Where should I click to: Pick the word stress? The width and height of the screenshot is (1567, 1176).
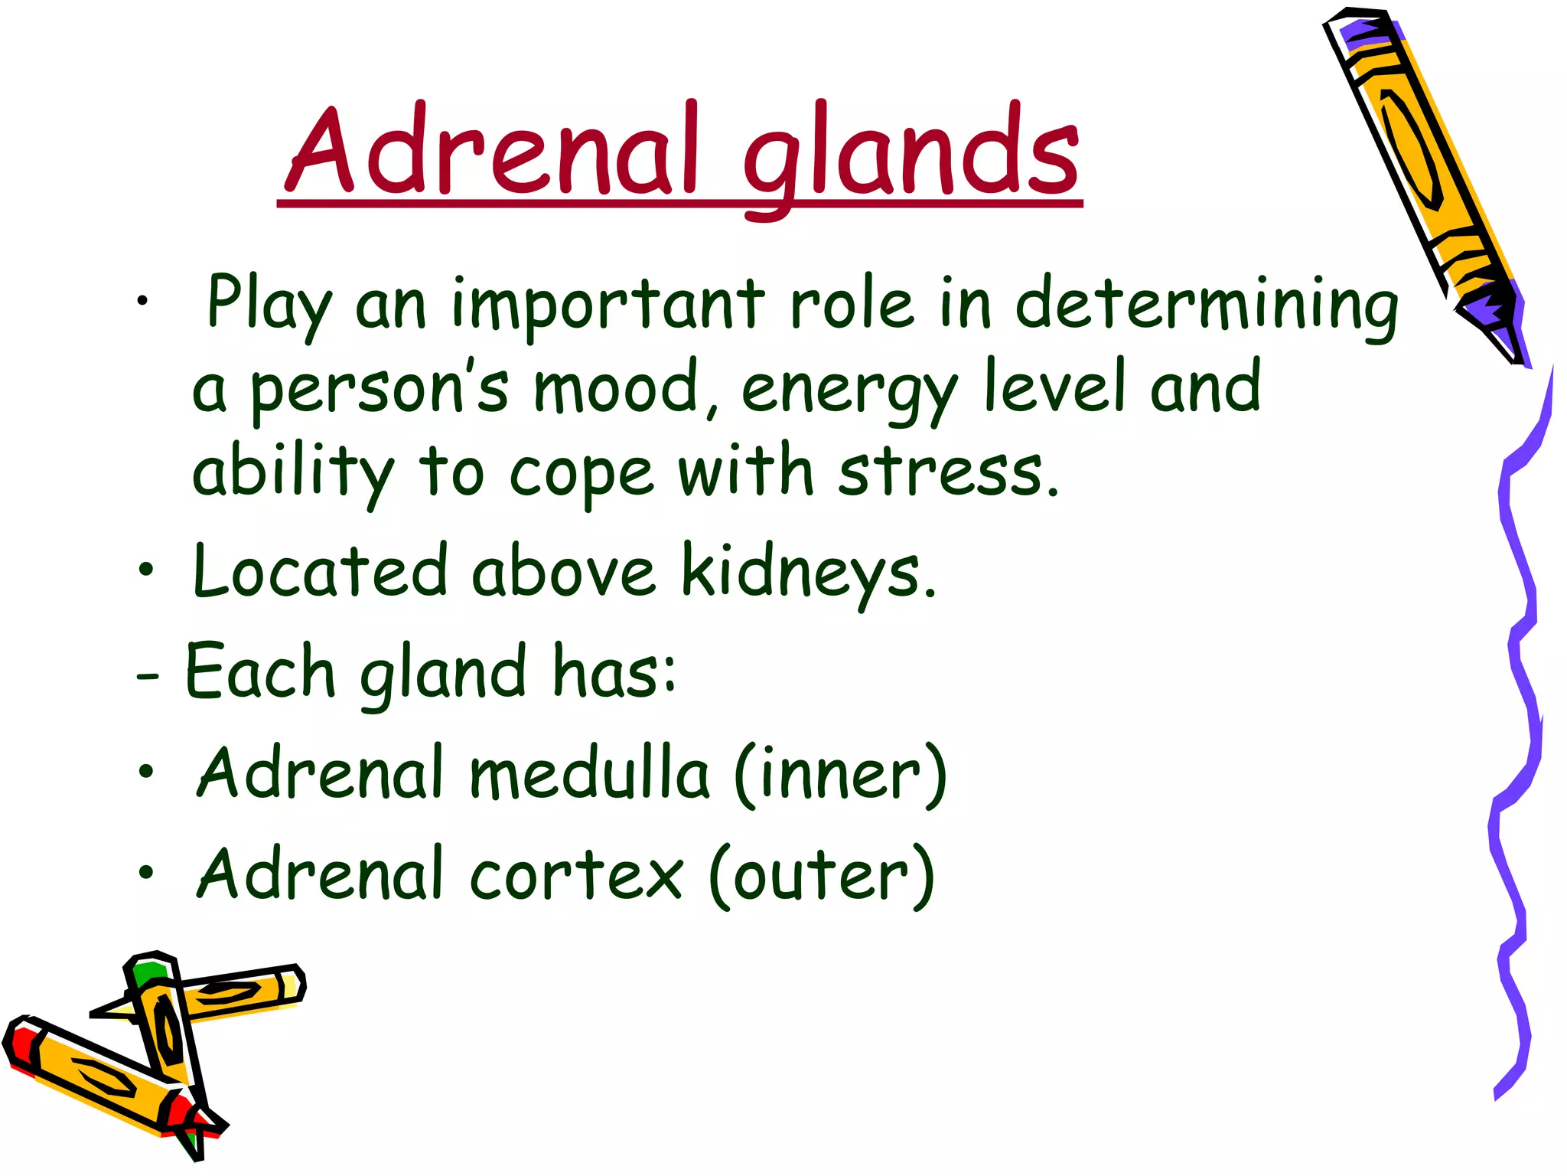(x=949, y=472)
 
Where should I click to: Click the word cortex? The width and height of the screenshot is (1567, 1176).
(x=575, y=875)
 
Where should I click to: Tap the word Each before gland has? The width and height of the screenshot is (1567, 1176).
(x=260, y=672)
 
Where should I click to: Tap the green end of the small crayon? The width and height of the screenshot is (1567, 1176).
(x=150, y=972)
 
